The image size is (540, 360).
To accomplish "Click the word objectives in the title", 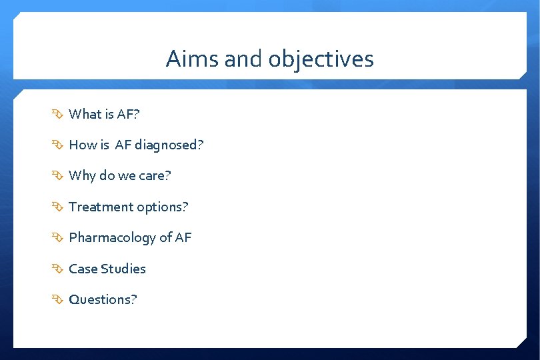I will point(321,59).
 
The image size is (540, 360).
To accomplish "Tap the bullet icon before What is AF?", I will point(59,115).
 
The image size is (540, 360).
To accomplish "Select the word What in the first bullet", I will point(85,114).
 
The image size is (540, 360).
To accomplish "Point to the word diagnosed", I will point(170,145).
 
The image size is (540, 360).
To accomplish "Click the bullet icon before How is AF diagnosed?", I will point(59,145).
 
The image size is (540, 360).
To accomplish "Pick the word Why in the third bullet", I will point(82,176).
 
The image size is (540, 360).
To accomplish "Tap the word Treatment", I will point(96,207).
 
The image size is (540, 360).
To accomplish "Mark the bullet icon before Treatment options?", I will point(59,207).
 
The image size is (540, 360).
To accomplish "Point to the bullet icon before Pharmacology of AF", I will point(59,238).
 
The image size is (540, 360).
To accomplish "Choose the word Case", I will point(83,269).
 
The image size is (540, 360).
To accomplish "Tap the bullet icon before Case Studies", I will point(59,269).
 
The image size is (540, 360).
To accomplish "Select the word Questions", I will point(100,299).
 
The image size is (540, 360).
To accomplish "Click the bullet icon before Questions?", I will point(59,300).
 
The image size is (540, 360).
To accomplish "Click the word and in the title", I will point(244,59).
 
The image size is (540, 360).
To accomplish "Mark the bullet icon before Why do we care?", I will point(59,177).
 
